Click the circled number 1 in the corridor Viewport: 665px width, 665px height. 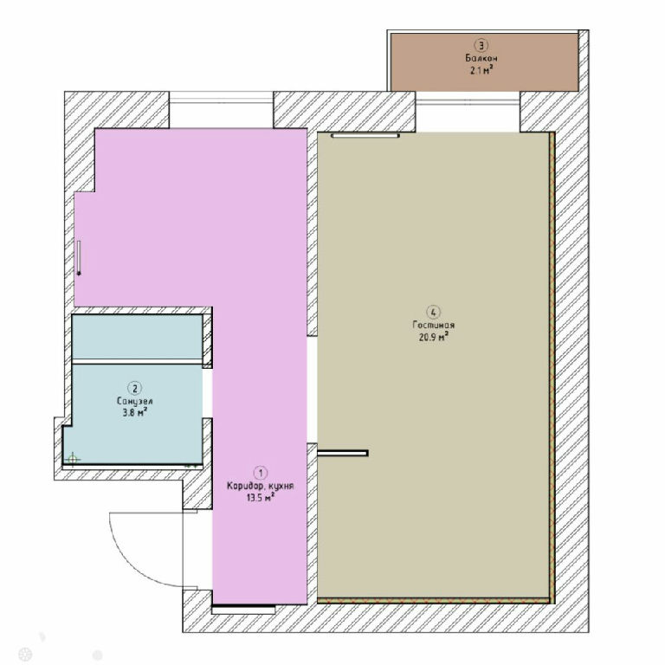click(261, 473)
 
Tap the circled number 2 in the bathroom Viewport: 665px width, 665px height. click(135, 388)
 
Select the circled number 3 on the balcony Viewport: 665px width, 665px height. click(481, 45)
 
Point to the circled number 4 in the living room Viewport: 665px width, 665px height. click(434, 313)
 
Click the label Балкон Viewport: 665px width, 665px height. click(481, 58)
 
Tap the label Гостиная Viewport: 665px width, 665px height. click(434, 325)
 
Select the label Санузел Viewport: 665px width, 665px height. click(135, 401)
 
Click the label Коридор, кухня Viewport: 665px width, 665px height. click(261, 486)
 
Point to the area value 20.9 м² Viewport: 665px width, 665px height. click(434, 337)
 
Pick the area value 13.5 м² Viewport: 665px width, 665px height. click(261, 498)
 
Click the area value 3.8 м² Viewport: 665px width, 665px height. click(135, 412)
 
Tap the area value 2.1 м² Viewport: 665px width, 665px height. click(481, 70)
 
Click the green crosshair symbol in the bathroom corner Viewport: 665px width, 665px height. click(73, 459)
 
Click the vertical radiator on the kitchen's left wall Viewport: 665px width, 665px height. click(79, 258)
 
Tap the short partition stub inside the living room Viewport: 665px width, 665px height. click(343, 453)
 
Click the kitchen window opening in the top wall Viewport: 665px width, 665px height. click(221, 109)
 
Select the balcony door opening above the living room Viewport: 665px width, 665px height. click(468, 111)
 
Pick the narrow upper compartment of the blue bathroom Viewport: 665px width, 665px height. click(137, 337)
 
